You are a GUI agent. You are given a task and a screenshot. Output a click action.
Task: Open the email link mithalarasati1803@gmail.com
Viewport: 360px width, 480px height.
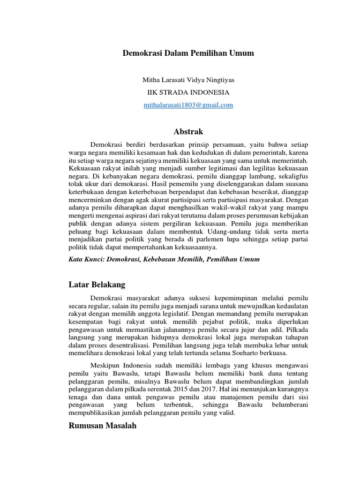[188, 105]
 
